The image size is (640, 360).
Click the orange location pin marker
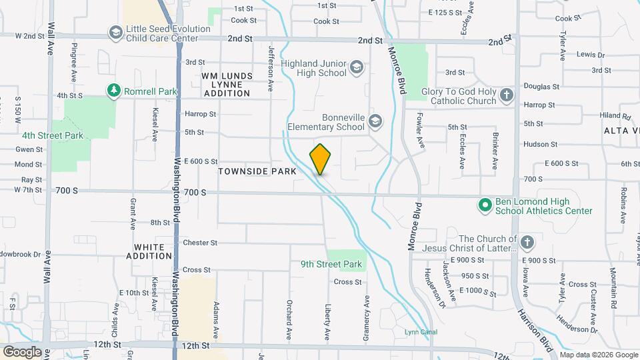coord(320,160)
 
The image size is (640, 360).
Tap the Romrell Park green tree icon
coord(113,91)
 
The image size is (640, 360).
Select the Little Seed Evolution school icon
coord(115,33)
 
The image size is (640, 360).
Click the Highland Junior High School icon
coord(357,67)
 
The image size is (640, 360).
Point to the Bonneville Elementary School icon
coord(375,121)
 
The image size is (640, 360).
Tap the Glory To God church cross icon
coord(507,95)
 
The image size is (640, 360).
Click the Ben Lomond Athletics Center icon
coord(485,206)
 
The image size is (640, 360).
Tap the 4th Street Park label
coord(52,135)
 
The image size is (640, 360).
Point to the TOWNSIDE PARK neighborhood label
coord(257,171)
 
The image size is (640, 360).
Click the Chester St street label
coord(200,243)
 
